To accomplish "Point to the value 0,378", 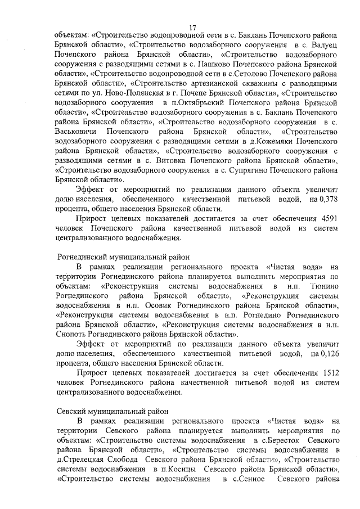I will point(326,199).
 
